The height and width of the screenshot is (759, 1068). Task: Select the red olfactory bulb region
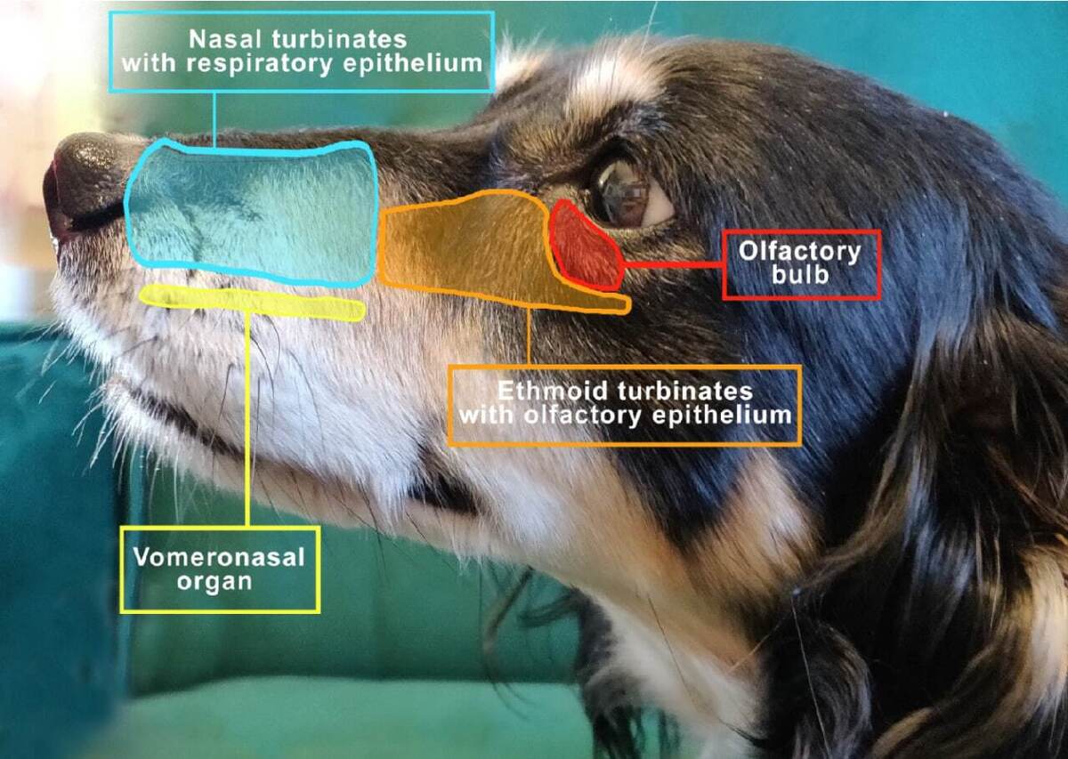pos(584,246)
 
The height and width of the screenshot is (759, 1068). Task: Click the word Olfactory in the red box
pos(800,251)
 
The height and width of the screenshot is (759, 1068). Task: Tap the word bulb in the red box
pos(801,275)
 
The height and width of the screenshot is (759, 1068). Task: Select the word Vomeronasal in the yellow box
pos(219,558)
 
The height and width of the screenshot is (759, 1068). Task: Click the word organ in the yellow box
pos(219,582)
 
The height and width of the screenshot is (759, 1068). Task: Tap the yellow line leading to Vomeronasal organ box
pos(247,418)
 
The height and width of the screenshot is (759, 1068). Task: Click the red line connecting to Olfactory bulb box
pos(672,264)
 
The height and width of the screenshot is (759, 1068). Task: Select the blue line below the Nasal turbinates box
pos(214,116)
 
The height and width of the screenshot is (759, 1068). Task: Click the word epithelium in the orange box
pos(736,415)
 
